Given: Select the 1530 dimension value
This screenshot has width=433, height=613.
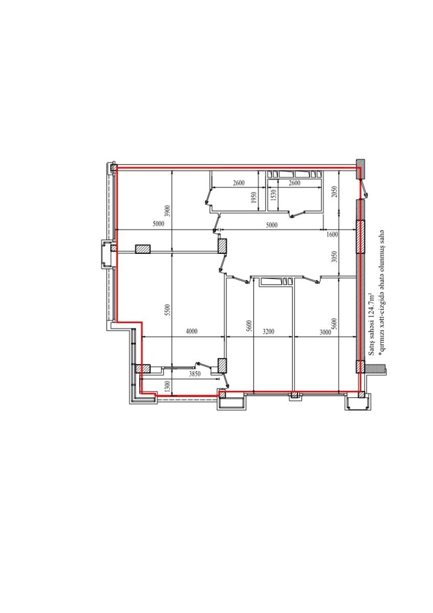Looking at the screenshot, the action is point(274,195).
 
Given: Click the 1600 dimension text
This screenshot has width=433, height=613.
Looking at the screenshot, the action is point(332,234).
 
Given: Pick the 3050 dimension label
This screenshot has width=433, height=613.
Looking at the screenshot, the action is point(334,257).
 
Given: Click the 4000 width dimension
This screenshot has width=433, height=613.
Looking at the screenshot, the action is point(191,332).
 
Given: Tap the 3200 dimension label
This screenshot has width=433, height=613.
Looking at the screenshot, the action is point(268,332).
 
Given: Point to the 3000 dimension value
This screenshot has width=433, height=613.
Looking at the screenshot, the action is point(325,332).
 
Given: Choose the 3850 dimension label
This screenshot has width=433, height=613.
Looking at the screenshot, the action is point(195,374).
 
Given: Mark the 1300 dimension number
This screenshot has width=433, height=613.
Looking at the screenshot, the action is point(168,386).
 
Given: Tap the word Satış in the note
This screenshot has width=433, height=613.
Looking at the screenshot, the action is point(371,349).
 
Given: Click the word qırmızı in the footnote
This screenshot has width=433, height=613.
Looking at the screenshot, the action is point(381,343).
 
